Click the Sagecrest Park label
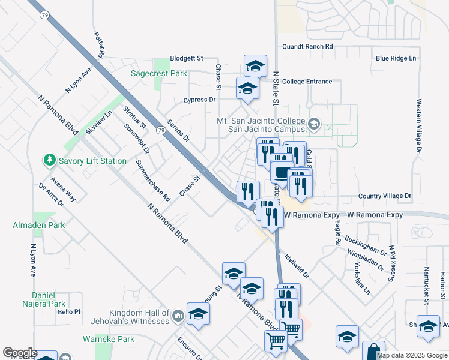tap(159, 74)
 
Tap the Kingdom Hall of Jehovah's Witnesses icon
tap(178, 316)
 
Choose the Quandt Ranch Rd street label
tap(307, 46)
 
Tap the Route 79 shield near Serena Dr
tap(160, 130)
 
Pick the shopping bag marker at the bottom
tap(373, 351)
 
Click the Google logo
tap(20, 353)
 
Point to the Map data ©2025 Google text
tap(412, 355)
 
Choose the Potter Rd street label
tap(100, 46)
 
